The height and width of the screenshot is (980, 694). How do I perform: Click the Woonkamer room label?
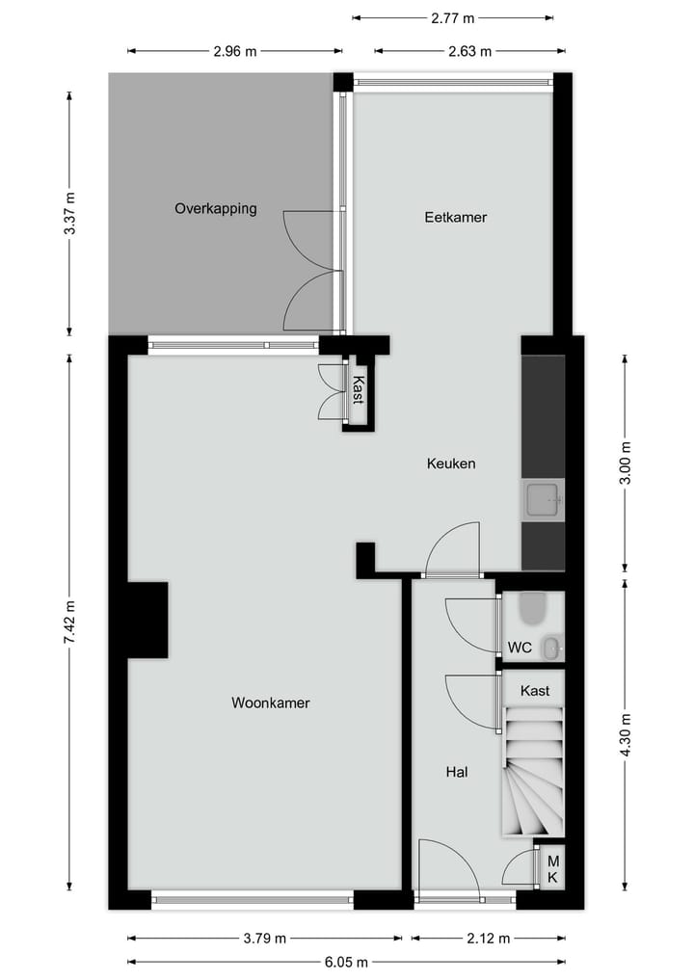pos(270,703)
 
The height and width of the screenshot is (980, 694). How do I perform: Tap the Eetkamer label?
pos(455,218)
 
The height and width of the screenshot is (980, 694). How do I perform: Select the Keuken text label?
pos(451,464)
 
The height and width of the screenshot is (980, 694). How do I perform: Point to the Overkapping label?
pos(215,208)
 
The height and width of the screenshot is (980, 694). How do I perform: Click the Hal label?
pos(457,772)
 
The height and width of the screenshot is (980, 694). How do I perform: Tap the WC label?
pos(520,649)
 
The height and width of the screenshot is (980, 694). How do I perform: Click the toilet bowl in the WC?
pos(531,608)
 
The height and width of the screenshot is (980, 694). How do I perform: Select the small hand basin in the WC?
pos(550,649)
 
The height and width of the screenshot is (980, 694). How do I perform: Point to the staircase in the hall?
pos(532,771)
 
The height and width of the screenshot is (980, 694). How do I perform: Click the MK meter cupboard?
pos(553,869)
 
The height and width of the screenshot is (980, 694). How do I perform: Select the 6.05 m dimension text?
pos(346,961)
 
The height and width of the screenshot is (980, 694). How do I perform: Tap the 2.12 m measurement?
pos(488,938)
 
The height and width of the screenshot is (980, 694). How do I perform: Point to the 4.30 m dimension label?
pos(626,735)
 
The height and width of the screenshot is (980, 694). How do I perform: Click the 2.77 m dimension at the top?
pos(453,17)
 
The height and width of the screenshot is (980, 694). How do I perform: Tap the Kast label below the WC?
pos(535,691)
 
